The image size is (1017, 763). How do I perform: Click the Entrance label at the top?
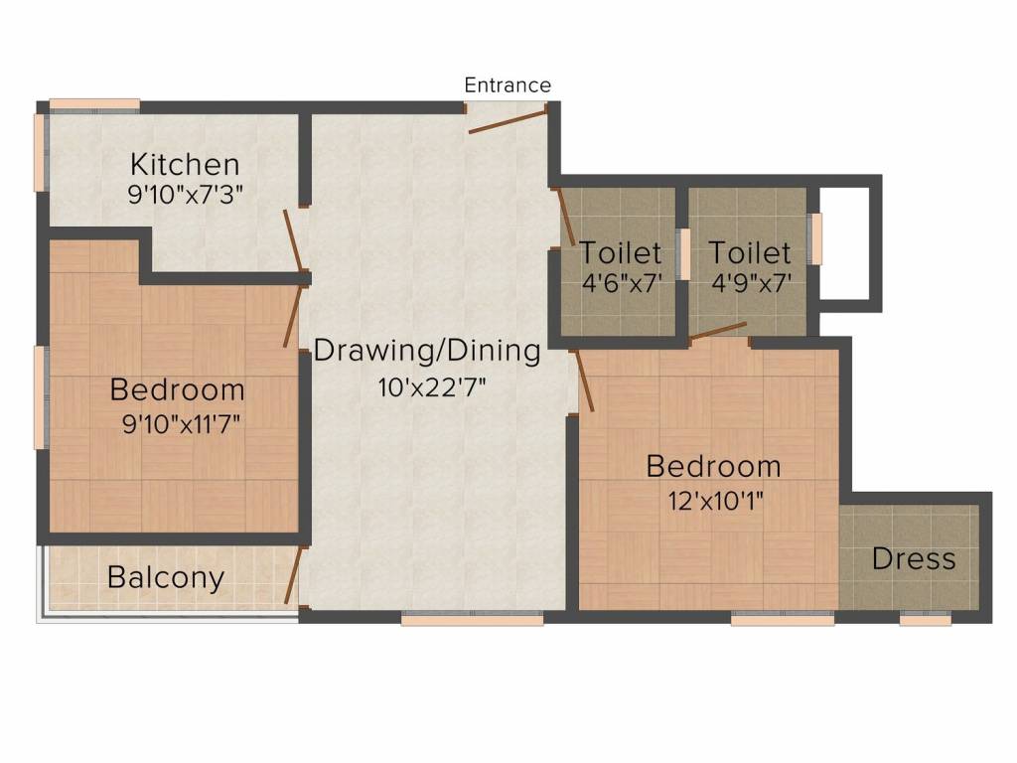(508, 85)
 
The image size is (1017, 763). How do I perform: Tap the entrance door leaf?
(508, 121)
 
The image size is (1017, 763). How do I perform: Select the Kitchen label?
(186, 164)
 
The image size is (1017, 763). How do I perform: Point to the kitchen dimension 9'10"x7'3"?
(186, 194)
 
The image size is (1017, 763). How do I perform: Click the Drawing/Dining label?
(428, 351)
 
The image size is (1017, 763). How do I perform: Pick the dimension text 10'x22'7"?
(428, 387)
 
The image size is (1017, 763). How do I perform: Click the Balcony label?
(166, 577)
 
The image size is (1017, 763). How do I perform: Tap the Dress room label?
(914, 559)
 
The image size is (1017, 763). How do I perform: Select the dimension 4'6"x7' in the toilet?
(621, 283)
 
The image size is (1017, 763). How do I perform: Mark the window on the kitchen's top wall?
(94, 103)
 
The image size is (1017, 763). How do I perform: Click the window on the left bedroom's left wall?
(41, 397)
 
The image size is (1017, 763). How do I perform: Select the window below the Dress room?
(926, 619)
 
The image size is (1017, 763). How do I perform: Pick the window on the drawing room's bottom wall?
(472, 619)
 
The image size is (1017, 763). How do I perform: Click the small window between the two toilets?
(683, 254)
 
